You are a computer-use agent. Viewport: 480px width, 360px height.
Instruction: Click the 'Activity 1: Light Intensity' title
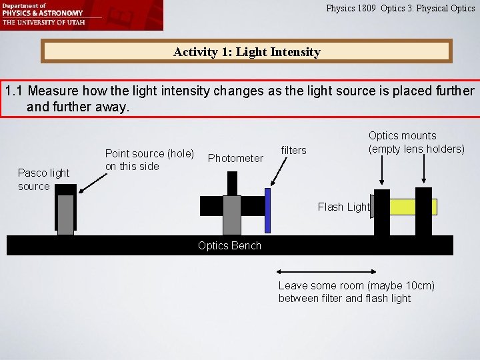coord(247,51)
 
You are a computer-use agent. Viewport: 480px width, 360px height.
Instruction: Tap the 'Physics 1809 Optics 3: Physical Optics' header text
coord(400,9)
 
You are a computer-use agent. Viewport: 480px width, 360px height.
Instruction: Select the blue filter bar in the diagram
coord(267,210)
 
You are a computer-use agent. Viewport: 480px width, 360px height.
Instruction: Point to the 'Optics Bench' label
coord(229,245)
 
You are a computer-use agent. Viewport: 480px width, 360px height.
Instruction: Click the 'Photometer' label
coord(235,158)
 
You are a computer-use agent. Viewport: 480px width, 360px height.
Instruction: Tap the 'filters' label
coord(293,151)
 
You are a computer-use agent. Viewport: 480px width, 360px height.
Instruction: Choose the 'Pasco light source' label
coord(43,179)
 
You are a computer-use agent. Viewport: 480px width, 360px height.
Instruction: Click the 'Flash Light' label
coord(343,207)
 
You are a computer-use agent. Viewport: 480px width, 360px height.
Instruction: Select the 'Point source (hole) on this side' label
coord(149,160)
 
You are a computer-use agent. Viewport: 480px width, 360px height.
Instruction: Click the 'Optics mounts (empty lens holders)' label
coord(416,142)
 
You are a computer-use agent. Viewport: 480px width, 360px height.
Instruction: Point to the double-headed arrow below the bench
coord(325,272)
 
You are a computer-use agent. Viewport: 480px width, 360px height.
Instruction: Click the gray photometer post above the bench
coord(231,215)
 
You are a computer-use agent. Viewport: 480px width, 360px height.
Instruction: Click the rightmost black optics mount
coord(423,211)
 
